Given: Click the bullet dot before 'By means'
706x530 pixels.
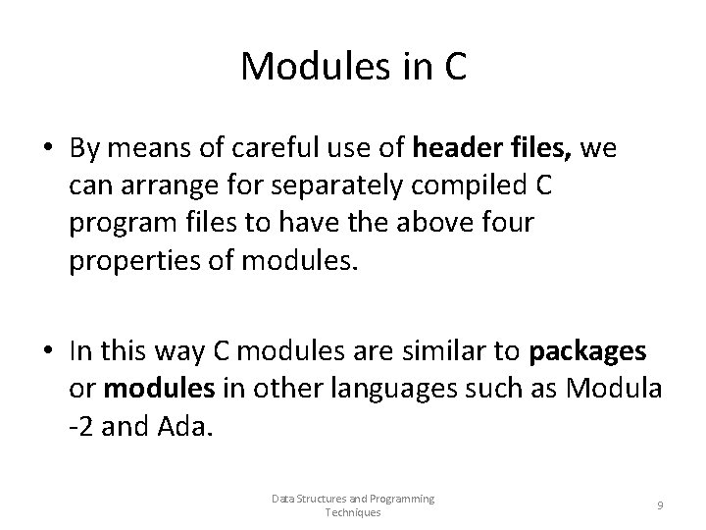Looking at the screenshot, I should pos(48,150).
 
